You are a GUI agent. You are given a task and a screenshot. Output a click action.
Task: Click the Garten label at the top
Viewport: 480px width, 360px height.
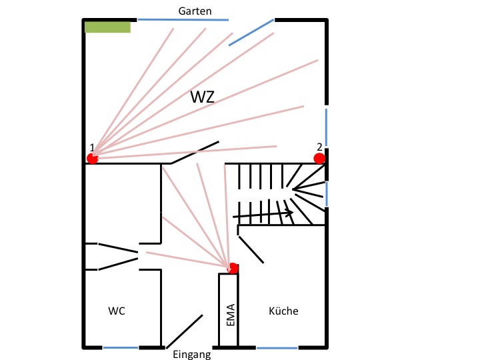point(195,11)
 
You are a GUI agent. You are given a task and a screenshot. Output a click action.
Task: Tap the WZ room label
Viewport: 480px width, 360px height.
point(203,96)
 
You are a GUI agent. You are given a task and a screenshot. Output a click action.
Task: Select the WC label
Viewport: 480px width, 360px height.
point(117,311)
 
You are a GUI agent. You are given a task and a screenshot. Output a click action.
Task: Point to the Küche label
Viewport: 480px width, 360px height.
point(283,311)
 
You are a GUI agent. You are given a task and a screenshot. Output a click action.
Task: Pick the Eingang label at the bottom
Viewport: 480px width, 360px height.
point(191,355)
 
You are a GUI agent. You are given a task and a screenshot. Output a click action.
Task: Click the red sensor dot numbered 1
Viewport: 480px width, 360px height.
point(93,158)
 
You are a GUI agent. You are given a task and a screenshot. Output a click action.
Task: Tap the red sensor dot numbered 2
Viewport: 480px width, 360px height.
point(319,158)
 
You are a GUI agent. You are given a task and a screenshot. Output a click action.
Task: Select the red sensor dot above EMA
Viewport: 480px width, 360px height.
point(233,268)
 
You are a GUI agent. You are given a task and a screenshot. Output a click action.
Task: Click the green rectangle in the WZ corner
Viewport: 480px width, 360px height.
point(107,27)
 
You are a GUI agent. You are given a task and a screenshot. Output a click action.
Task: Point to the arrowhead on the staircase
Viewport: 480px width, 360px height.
point(290,213)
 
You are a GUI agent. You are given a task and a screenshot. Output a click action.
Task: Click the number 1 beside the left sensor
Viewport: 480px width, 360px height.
point(91,147)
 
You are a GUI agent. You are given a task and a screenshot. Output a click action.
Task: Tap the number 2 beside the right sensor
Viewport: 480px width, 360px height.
point(319,147)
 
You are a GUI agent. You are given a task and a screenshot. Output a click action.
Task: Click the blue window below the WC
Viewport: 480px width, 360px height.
point(121,347)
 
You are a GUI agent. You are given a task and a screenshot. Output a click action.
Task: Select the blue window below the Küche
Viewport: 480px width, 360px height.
point(277,347)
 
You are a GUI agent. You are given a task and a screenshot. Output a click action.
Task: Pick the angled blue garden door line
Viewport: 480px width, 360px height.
point(251,32)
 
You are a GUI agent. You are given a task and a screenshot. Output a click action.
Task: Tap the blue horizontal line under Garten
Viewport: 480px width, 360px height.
point(183,19)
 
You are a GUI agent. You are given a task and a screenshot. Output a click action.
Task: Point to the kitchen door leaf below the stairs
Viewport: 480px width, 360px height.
point(251,249)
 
